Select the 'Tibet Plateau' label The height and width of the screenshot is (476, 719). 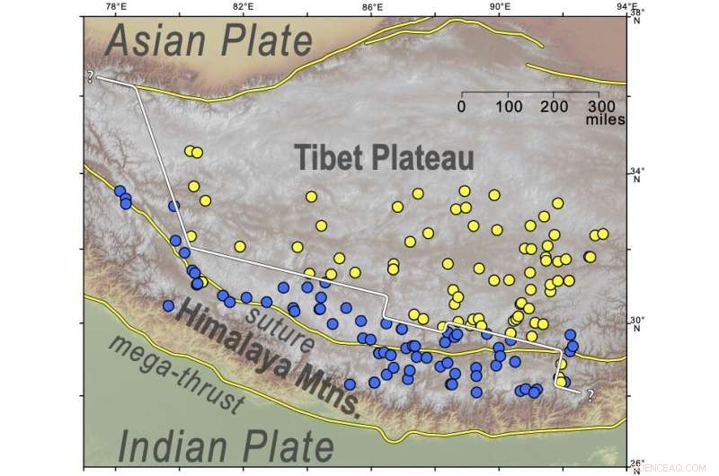(x=386, y=158)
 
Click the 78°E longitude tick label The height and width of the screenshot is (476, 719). (x=114, y=6)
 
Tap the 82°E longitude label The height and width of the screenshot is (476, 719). (x=243, y=6)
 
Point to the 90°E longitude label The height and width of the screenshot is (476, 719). (x=500, y=6)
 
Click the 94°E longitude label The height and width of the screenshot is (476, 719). (x=626, y=6)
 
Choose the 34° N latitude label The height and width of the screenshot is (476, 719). (x=637, y=174)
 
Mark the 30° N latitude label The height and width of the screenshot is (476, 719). (x=637, y=322)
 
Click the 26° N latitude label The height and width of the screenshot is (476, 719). (x=637, y=464)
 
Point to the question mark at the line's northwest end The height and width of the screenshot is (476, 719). (x=91, y=77)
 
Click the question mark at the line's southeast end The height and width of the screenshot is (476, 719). (x=590, y=393)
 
